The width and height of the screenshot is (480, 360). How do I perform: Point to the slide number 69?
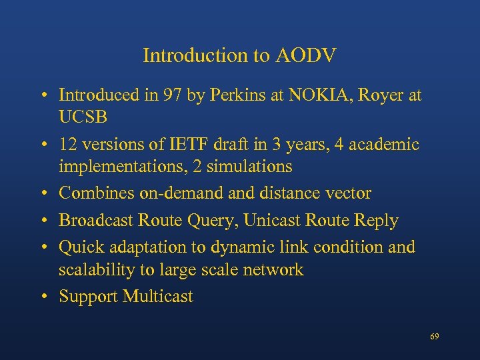coord(435,337)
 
